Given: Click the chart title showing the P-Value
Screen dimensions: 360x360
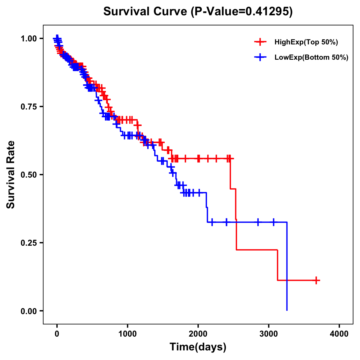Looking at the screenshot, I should pyautogui.click(x=198, y=11).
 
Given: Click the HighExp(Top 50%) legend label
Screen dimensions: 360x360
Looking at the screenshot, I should pyautogui.click(x=306, y=42).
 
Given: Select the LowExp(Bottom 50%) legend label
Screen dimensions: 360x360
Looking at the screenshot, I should pyautogui.click(x=311, y=58).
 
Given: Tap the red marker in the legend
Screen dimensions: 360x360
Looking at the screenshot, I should pyautogui.click(x=260, y=42).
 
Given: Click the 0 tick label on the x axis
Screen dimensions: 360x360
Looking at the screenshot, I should pyautogui.click(x=57, y=334).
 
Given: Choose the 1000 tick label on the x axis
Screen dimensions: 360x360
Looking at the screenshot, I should pyautogui.click(x=127, y=334).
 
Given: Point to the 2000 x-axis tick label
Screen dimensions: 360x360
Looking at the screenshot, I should pyautogui.click(x=198, y=334).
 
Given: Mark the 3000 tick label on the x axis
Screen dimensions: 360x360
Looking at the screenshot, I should pyautogui.click(x=268, y=334).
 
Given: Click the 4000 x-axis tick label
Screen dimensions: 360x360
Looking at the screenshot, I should pyautogui.click(x=339, y=334).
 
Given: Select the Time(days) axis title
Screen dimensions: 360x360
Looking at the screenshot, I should pyautogui.click(x=198, y=347).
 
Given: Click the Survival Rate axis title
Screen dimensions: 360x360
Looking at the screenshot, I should pyautogui.click(x=11, y=175).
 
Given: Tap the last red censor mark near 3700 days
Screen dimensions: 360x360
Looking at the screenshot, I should pyautogui.click(x=316, y=280).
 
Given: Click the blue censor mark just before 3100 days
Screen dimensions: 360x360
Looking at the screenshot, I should pyautogui.click(x=273, y=222).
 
